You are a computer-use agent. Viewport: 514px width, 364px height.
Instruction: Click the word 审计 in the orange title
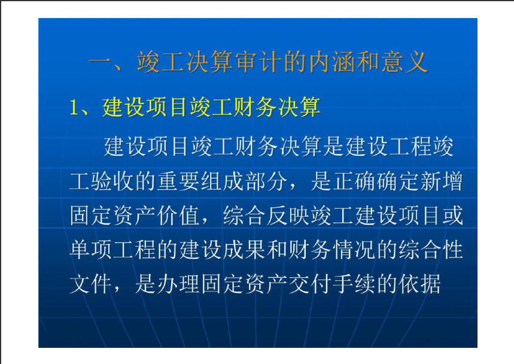[x=259, y=62]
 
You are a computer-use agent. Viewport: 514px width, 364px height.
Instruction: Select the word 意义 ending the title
[x=404, y=62]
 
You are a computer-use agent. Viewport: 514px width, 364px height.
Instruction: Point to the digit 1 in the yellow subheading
[x=74, y=107]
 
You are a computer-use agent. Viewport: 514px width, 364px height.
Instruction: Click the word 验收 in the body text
[x=102, y=181]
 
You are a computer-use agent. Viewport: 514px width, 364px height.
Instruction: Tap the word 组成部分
[x=244, y=181]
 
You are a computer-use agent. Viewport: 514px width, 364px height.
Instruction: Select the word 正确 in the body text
[x=355, y=181]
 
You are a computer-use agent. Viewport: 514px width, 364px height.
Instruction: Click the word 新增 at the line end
[x=441, y=181]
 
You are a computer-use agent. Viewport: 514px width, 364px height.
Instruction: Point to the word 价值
[x=179, y=216]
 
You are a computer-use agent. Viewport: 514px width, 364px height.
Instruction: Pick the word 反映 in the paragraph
[x=288, y=216]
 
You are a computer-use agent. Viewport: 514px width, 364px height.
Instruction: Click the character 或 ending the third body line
[x=453, y=216]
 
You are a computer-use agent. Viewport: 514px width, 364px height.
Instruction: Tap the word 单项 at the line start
[x=91, y=250]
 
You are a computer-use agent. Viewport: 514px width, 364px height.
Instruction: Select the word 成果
[x=244, y=250]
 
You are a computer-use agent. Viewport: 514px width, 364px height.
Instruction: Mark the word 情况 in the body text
[x=355, y=250]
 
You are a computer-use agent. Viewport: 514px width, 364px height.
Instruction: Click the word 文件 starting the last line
[x=91, y=284]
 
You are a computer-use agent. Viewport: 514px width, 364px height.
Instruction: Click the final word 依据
[x=420, y=284]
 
